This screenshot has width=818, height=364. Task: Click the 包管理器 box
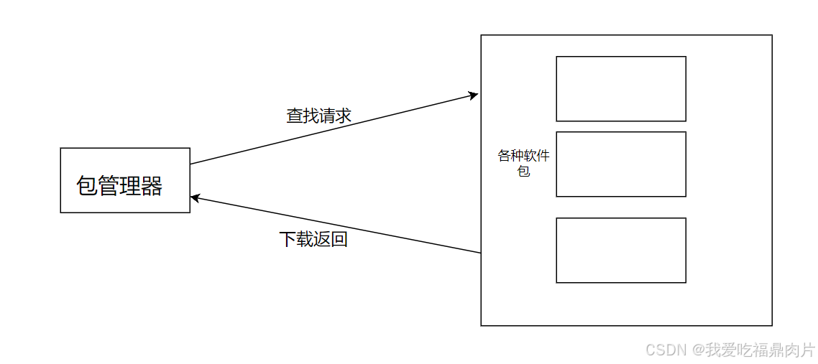point(125,180)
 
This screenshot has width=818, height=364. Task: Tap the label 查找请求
point(318,116)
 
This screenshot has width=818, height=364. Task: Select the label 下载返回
point(313,239)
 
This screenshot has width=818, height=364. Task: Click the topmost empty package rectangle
point(621,89)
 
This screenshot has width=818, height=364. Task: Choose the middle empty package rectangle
point(621,164)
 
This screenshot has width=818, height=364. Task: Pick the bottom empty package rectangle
point(621,250)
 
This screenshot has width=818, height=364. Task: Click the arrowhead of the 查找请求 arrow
point(474,94)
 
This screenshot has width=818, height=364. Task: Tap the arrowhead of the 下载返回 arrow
point(195,197)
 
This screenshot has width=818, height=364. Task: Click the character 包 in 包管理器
point(87,187)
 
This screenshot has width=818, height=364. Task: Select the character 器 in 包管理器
point(152,187)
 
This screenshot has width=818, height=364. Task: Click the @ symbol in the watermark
point(697,350)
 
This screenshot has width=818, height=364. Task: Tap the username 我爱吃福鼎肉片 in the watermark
point(760,350)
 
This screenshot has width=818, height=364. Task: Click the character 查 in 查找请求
point(295,116)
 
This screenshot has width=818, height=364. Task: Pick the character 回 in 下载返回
point(339,239)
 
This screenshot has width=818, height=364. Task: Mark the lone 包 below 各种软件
point(524,172)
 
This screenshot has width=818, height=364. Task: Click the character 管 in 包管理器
point(109,187)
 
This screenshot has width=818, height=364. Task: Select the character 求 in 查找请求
point(343,116)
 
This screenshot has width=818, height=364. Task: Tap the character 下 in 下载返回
point(288,239)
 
